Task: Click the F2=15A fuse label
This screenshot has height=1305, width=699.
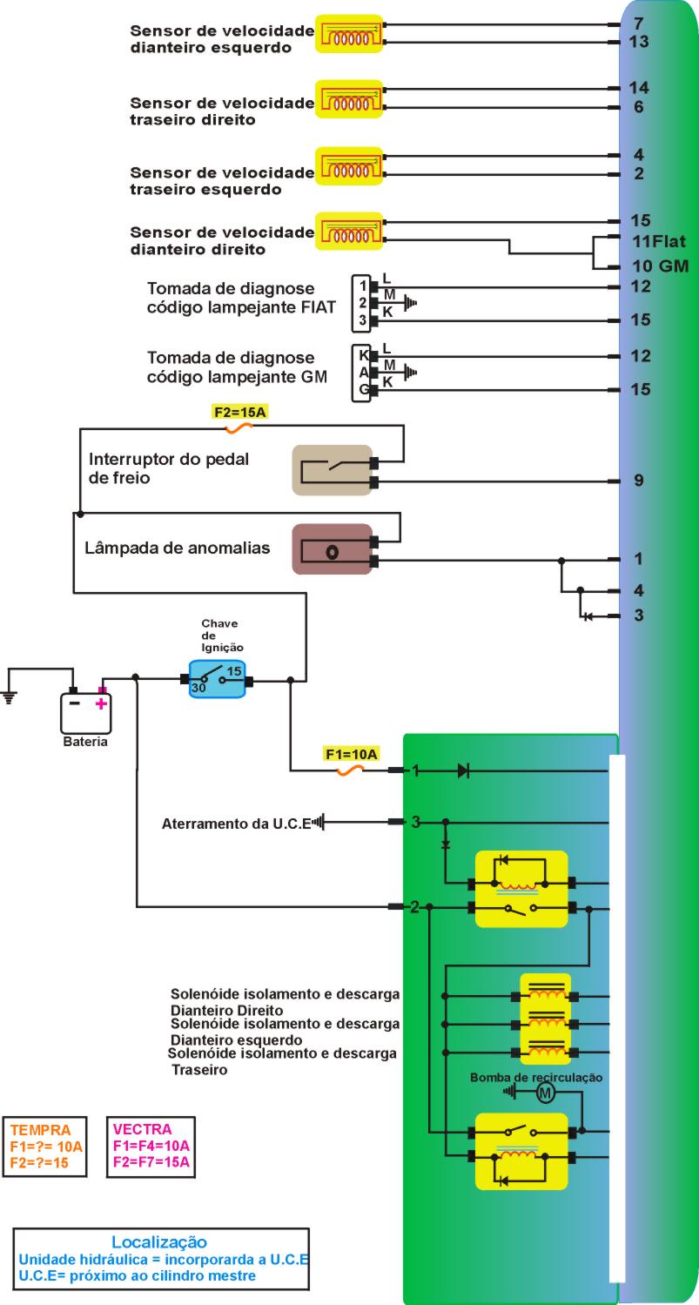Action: [x=239, y=412]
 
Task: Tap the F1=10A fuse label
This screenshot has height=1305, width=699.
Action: [x=351, y=755]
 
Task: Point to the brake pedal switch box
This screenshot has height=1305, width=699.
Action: [x=332, y=470]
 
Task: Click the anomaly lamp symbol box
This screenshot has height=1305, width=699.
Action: [x=332, y=550]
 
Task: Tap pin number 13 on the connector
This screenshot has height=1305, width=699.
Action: [x=639, y=41]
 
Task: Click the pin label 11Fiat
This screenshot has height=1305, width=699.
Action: [x=659, y=241]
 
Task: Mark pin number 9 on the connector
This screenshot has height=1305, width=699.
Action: [x=639, y=480]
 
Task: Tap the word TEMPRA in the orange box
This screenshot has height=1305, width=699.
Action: [x=35, y=1130]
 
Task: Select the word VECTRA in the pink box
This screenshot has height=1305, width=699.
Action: [x=143, y=1130]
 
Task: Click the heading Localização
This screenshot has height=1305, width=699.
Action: [x=159, y=1241]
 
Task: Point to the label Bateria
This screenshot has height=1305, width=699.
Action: [x=85, y=743]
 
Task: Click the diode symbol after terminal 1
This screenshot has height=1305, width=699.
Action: [x=463, y=770]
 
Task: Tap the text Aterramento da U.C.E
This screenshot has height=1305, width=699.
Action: [x=236, y=824]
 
